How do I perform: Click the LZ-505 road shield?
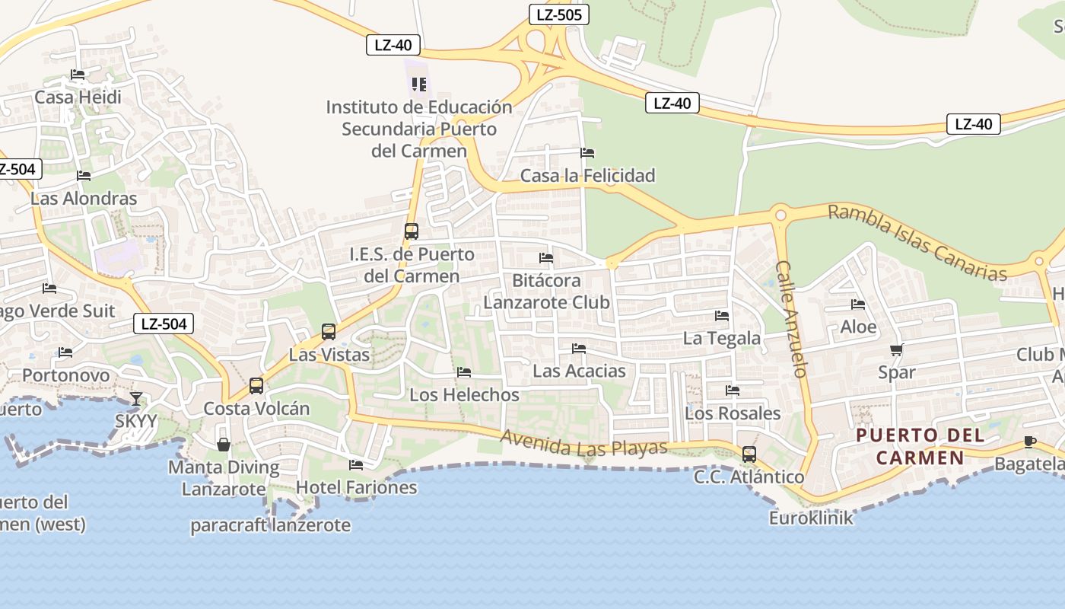point(559,14)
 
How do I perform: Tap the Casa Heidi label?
point(78,97)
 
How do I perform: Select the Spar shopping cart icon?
point(896,350)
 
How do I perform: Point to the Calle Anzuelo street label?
point(790,320)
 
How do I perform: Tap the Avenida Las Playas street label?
point(583,444)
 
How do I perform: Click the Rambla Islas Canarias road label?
point(917,241)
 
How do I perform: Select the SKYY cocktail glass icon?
point(136,398)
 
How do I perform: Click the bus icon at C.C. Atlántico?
point(749,454)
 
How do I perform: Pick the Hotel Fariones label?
point(356,487)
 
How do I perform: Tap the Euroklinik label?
point(811,518)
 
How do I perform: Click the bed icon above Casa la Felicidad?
point(587,153)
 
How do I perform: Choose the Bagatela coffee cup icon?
point(1030,442)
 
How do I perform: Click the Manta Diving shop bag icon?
point(224,445)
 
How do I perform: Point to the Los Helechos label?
point(464,395)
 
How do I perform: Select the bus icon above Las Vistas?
point(328,332)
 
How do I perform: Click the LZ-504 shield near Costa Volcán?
point(164,324)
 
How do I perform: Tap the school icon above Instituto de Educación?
point(419,84)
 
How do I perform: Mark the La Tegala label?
point(722,338)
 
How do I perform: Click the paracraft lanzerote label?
point(270,525)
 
